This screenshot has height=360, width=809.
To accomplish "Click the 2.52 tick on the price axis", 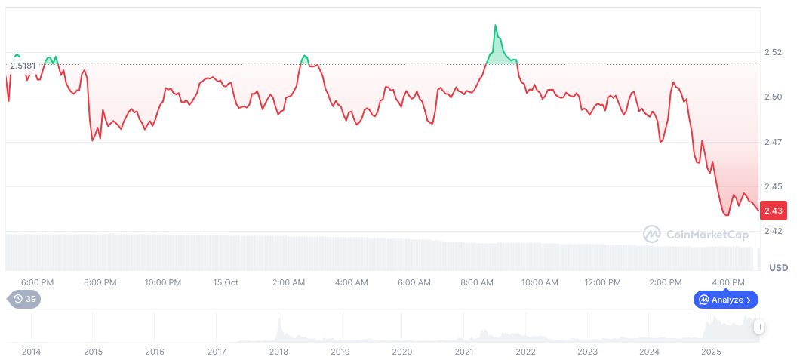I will pos(773,53).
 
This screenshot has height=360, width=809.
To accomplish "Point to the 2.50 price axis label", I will pos(773,97).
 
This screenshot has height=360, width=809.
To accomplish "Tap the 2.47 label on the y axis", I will pos(773,142).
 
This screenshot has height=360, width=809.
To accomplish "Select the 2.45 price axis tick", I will pos(773,186).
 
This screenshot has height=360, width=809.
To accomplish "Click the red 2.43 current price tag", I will pos(773,211).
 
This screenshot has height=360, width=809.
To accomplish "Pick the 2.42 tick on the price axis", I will pos(773,231).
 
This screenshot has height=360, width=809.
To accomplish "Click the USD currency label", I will pos(778,268).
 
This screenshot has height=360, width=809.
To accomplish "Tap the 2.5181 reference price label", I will pos(23,66).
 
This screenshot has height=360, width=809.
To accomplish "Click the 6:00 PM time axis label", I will pos(37,282).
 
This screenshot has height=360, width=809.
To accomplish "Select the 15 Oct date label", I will pos(226,282).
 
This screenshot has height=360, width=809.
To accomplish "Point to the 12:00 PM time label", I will pos(602,282).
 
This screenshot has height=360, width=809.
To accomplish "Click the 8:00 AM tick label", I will pos(477,282).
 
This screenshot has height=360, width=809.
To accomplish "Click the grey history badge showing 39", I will pos(24,299).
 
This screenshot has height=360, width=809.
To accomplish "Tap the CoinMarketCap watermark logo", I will pos(696,235).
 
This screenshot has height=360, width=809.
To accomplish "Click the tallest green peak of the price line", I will pos(496,26).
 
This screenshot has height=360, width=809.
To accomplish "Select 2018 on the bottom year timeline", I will pos(278,352).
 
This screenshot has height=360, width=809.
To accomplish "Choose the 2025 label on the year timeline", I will pos(711,352).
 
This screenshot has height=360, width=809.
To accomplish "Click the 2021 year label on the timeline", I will pos(464,352).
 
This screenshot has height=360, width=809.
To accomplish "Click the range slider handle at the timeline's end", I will pos(758,327).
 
